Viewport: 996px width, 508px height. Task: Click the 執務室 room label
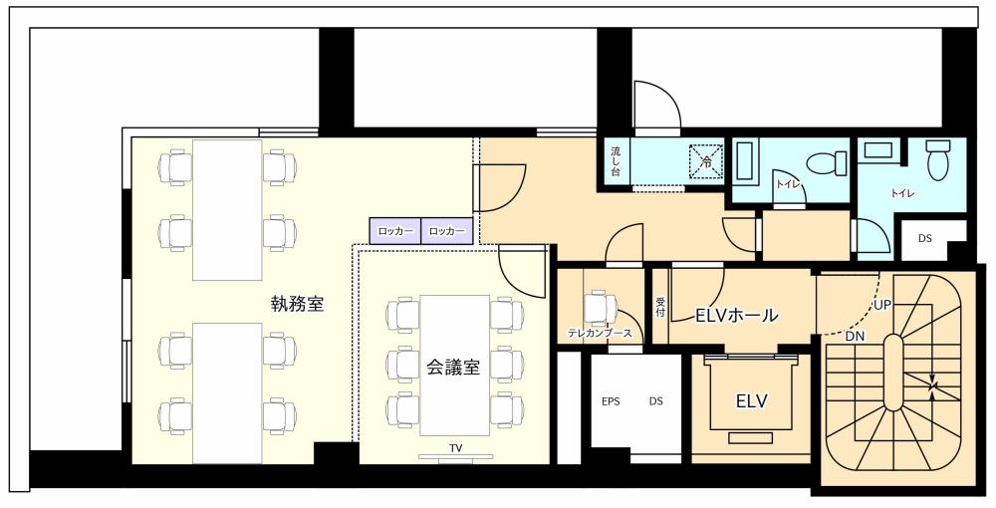(297, 304)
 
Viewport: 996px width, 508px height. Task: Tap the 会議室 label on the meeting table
(452, 367)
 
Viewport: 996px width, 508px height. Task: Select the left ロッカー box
(395, 231)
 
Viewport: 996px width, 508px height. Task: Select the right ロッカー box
(447, 231)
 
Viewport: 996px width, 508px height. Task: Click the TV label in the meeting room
(455, 447)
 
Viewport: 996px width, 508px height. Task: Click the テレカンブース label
(600, 332)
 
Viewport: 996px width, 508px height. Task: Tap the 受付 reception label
(660, 308)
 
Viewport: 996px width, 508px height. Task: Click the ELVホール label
(737, 315)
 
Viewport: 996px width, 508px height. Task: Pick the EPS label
(611, 401)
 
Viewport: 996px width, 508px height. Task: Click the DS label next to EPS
(656, 401)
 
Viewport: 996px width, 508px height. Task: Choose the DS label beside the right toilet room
(925, 238)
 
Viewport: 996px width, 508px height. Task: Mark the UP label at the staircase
(882, 306)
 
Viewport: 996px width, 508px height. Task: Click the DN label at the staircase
(855, 337)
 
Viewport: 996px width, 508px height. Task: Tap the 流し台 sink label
(616, 162)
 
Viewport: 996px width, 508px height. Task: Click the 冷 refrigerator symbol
(706, 162)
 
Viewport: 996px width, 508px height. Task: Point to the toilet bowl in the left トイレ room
(827, 162)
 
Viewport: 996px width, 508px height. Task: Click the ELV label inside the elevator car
(751, 401)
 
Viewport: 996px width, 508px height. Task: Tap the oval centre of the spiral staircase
(892, 373)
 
